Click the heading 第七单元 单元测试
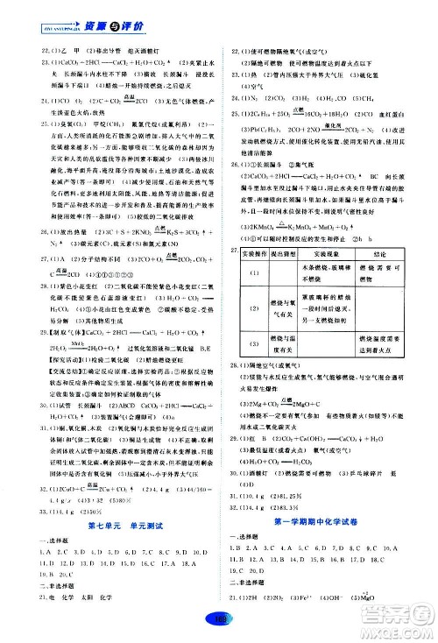click(109, 525)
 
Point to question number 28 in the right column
click(231, 412)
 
